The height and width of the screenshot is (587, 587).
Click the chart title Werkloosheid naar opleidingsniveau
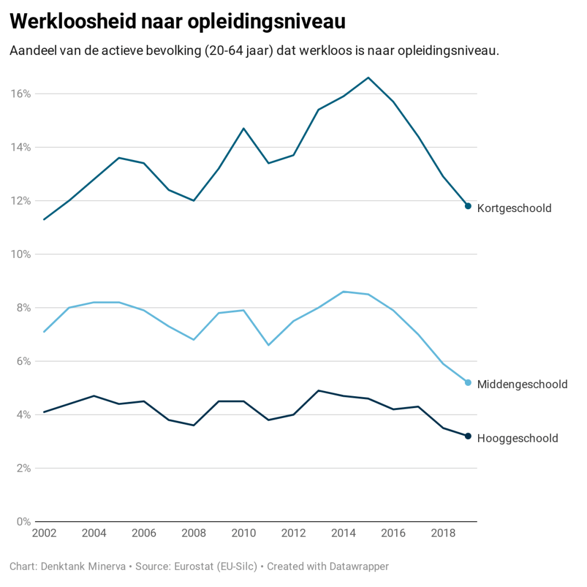pos(178,22)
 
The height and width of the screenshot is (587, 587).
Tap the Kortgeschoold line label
pos(514,208)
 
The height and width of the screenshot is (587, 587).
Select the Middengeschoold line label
pos(522,384)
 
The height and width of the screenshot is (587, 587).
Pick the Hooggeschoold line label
pos(518,439)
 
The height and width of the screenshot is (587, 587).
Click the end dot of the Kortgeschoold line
pos(468,206)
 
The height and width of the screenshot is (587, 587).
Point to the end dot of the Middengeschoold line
pos(468,382)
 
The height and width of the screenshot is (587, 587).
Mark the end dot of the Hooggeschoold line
pos(468,436)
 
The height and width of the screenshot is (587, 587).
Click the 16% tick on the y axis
pos(21,93)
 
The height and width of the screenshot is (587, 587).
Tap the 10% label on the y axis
pos(21,254)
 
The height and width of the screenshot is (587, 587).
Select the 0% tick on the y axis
pos(24,522)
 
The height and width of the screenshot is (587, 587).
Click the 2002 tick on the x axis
pos(44,534)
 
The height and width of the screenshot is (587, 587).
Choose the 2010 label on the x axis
pos(244,534)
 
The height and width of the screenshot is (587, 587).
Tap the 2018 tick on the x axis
pos(443,534)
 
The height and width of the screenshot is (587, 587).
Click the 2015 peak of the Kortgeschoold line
pos(368,77)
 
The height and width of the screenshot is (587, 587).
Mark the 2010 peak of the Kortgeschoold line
pos(244,128)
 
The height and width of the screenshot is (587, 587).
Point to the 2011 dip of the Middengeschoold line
pos(268,345)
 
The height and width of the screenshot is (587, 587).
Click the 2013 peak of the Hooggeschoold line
pos(318,390)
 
